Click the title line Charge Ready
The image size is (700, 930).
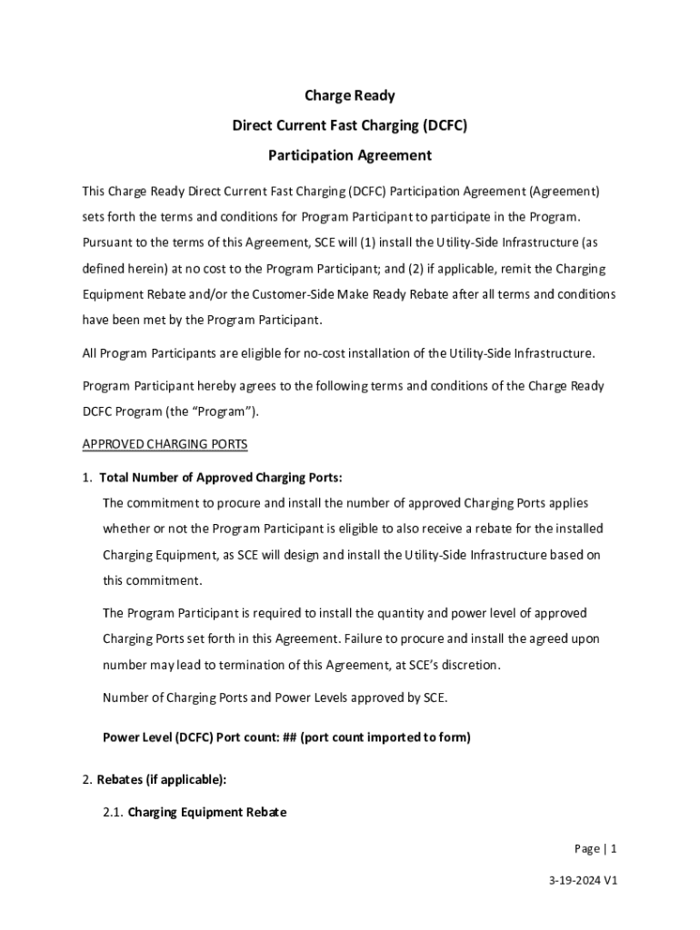pos(349,95)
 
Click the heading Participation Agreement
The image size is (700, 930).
pos(349,155)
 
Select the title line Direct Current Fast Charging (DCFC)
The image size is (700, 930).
pos(349,125)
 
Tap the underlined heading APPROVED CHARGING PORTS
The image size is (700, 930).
pos(165,444)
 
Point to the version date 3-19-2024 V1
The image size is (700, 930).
pos(583,880)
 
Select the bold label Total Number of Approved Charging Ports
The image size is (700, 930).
pos(220,478)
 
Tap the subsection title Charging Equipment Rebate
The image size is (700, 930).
pos(206,812)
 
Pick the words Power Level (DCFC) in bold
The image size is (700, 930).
pos(156,737)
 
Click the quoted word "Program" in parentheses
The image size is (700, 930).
pos(234,411)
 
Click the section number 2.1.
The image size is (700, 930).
pos(113,812)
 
